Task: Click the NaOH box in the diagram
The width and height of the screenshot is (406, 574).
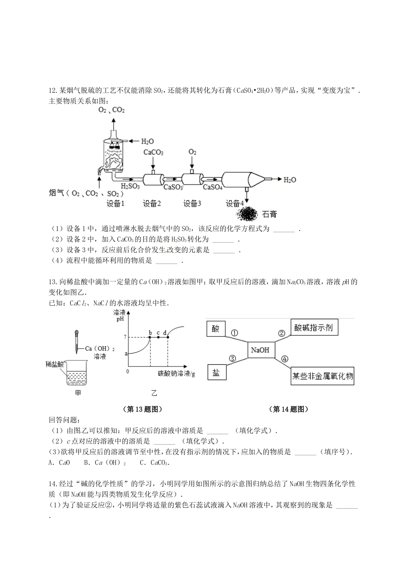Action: coord(260,350)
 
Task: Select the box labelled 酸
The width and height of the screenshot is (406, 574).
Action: coord(216,328)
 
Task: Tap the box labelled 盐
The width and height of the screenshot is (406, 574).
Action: coord(216,372)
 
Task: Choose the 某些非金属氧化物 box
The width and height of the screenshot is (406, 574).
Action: coord(323,376)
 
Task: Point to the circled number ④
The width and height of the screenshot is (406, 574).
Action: coord(285,359)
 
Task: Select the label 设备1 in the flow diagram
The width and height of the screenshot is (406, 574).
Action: coord(115,204)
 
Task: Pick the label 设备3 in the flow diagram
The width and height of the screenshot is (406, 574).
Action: coord(192,204)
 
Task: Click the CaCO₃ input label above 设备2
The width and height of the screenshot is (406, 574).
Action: coord(153,152)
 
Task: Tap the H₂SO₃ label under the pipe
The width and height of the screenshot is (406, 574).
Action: coord(129,186)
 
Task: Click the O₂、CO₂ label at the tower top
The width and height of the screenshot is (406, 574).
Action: coord(112,110)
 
